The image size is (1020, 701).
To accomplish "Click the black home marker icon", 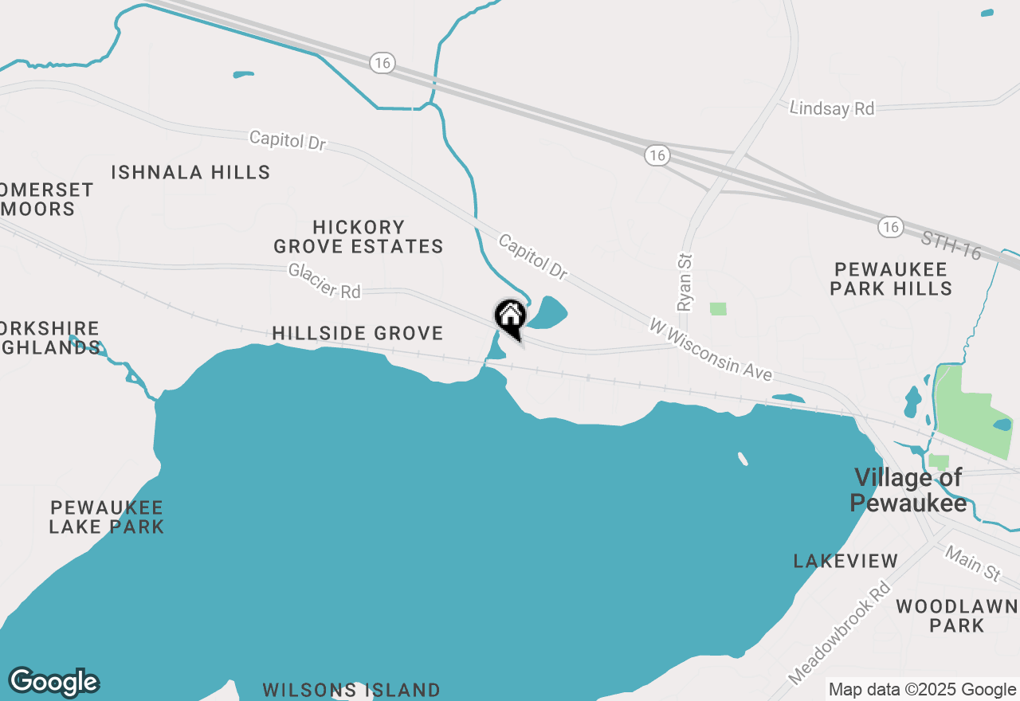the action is [510, 317].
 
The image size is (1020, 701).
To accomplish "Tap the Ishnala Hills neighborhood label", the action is [190, 172].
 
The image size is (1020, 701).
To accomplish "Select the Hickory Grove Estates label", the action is [359, 237].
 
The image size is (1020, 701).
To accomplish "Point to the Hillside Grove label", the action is [357, 333].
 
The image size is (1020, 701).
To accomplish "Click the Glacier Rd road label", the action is [324, 281].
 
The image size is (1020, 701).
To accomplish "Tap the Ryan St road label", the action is [685, 283].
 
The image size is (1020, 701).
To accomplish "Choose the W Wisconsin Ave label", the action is [711, 349].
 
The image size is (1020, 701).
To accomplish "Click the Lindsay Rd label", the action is [831, 108].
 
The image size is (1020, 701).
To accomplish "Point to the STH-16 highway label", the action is [950, 245].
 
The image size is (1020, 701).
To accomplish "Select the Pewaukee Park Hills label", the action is [891, 279].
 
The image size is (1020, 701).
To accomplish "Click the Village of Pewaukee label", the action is [908, 490].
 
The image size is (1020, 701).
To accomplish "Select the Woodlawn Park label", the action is [956, 617].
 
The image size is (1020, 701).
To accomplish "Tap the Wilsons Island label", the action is [351, 690].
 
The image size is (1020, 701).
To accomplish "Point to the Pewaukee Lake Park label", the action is [106, 517].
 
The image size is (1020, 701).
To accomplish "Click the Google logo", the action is [53, 682].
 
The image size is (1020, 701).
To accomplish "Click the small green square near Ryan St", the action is [718, 308].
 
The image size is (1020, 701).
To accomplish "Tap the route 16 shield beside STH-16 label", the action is [891, 227].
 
